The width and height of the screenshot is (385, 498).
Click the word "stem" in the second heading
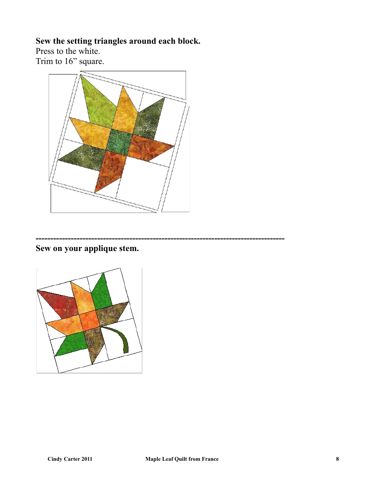127,249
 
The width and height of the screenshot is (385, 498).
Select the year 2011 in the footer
86,459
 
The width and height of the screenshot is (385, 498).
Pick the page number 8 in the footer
337,459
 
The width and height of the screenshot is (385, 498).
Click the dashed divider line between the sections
160,238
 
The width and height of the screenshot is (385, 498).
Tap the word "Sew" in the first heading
43,41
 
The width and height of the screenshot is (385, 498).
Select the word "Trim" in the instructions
44,62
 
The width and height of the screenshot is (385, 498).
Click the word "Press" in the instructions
45,51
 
